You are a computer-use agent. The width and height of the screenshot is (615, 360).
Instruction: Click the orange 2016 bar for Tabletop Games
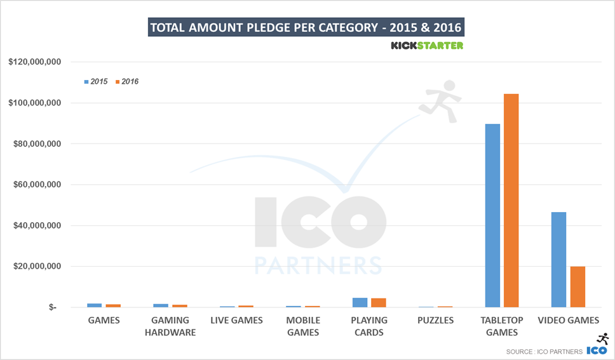[511, 201]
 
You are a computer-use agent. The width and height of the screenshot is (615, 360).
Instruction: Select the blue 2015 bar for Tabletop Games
[492, 215]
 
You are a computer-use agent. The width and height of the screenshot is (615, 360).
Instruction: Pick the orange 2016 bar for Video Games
[578, 286]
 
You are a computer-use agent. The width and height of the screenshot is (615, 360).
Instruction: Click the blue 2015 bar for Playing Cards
[360, 302]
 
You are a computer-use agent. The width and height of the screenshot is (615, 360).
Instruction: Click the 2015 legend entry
[95, 82]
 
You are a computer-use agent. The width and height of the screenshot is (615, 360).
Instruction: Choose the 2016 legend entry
[126, 82]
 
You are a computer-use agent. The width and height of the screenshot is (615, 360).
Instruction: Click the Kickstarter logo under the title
[426, 46]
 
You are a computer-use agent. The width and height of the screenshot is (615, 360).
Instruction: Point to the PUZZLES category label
[436, 321]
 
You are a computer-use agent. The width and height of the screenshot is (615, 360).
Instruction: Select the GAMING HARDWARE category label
[170, 326]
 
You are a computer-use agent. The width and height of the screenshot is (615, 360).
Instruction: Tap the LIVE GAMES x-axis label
[236, 321]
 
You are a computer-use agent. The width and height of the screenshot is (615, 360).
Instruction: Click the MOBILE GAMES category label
[303, 326]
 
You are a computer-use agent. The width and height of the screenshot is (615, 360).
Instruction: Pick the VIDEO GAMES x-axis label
[568, 321]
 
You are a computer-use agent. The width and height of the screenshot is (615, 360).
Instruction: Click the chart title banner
[306, 28]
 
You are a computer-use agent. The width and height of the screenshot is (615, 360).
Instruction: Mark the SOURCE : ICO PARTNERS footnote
[544, 351]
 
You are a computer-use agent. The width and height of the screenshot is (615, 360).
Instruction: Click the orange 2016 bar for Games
[114, 305]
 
